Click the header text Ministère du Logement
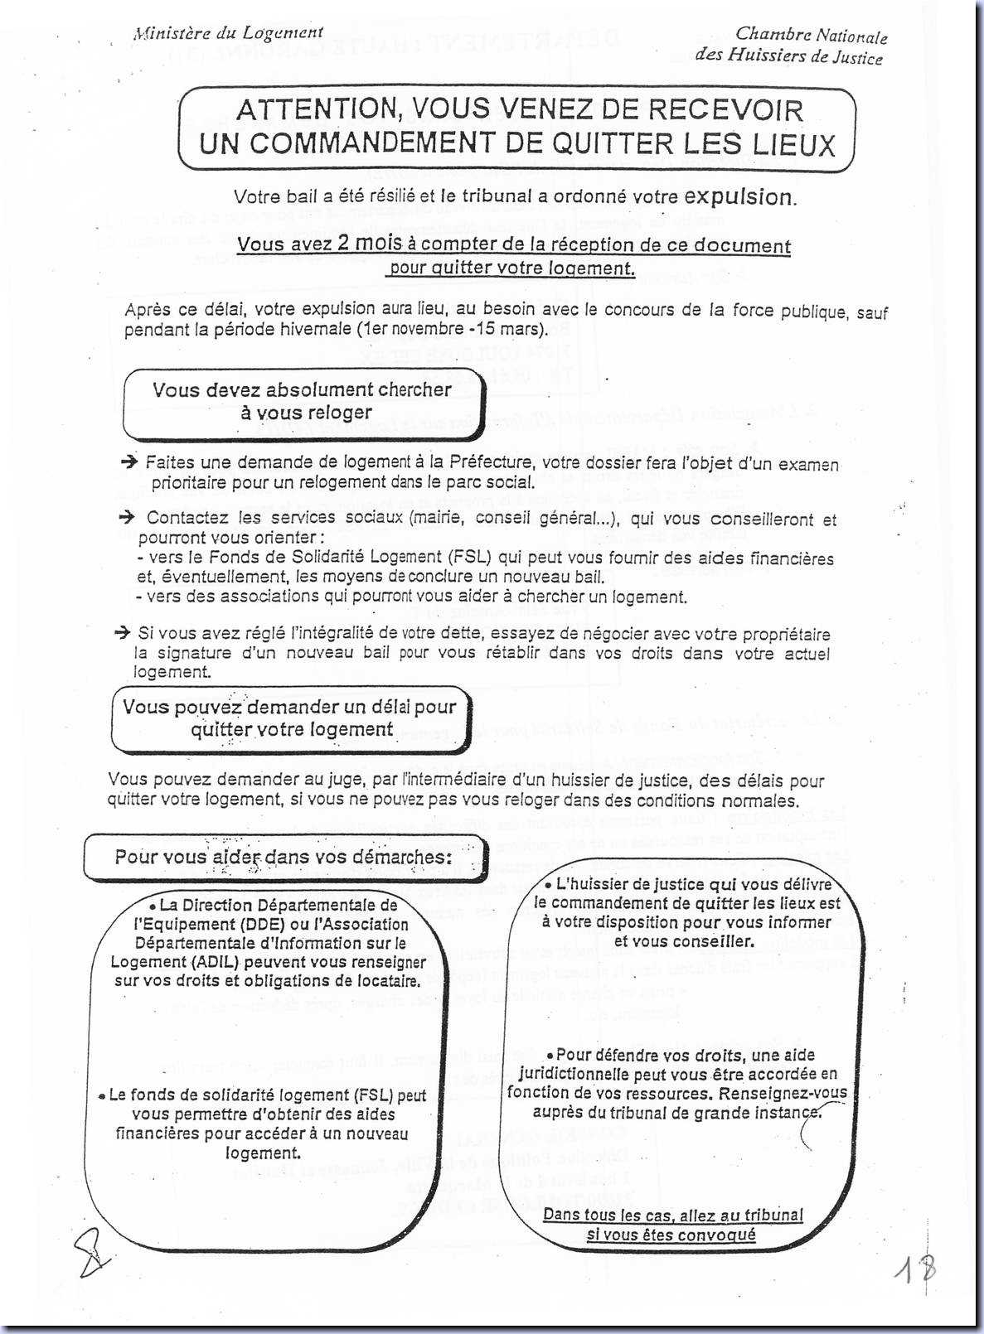pos(228,33)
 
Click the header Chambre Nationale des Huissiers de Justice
pos(789,46)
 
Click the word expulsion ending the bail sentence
pos(737,197)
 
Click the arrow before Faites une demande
pos(128,462)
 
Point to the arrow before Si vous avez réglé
pos(123,633)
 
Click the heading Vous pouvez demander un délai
pos(290,718)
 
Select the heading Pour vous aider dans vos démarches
pos(284,857)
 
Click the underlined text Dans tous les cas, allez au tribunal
pos(672,1216)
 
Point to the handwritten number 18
pos(915,1269)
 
